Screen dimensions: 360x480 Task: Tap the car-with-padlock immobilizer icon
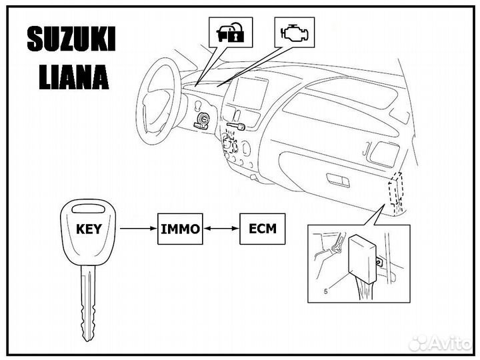[x=231, y=31]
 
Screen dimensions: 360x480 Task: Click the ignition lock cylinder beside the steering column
[x=201, y=121]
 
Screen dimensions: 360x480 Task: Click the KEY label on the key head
[x=89, y=228]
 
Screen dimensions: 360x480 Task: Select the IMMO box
[x=179, y=229]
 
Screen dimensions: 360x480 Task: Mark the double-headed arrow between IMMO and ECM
[x=221, y=229]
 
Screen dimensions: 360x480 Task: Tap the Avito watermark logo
[x=440, y=343]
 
